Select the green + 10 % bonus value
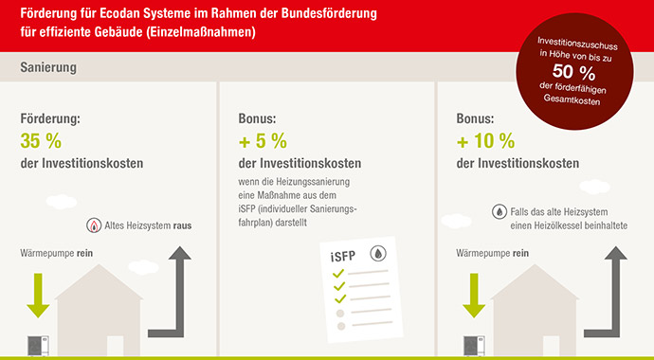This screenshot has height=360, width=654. point(485,141)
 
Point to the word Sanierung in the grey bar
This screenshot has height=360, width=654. point(48,69)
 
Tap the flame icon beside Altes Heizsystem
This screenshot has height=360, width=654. point(94,225)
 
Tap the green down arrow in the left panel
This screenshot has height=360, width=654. point(37,294)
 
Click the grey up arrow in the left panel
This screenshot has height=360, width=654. point(176,284)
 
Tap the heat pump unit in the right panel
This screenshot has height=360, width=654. point(470,346)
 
